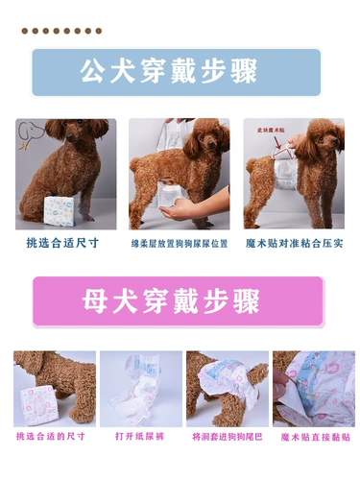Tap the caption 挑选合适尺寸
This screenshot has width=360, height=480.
point(62,243)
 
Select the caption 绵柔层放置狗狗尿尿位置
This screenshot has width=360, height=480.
point(180,244)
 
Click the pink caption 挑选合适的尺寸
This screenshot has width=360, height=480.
point(50,437)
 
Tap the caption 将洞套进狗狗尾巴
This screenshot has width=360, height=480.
point(227,437)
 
